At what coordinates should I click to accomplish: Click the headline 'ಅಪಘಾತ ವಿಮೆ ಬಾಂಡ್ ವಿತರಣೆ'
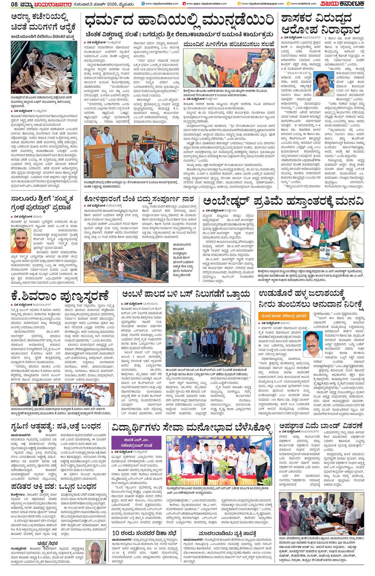pos(320,426)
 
